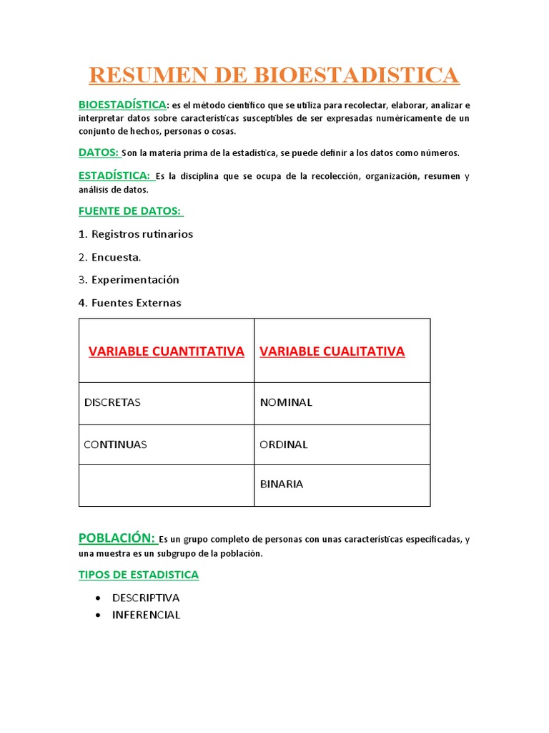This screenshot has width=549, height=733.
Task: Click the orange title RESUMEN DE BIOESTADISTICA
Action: tap(274, 74)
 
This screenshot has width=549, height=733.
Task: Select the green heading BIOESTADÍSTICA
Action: tap(122, 105)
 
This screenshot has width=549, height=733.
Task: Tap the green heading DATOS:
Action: tap(98, 152)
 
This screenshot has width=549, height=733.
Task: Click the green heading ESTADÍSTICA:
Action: tap(114, 175)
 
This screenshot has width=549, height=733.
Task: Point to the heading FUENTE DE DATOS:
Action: tap(130, 210)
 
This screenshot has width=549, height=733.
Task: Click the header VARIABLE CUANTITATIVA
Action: tap(166, 351)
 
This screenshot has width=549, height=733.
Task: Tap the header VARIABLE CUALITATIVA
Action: tap(332, 351)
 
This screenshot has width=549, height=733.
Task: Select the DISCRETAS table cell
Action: tap(112, 402)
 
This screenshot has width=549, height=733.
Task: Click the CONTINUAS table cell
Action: tap(115, 445)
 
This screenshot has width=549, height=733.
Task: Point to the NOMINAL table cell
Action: tap(286, 402)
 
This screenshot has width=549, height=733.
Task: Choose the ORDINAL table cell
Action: tap(284, 445)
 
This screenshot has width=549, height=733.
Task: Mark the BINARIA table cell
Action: tap(282, 484)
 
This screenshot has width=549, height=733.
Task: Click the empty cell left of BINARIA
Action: tap(166, 485)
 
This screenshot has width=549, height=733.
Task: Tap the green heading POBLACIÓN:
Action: tap(117, 538)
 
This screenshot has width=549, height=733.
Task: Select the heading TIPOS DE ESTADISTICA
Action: tap(138, 575)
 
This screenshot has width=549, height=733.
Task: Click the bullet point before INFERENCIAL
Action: tap(97, 615)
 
